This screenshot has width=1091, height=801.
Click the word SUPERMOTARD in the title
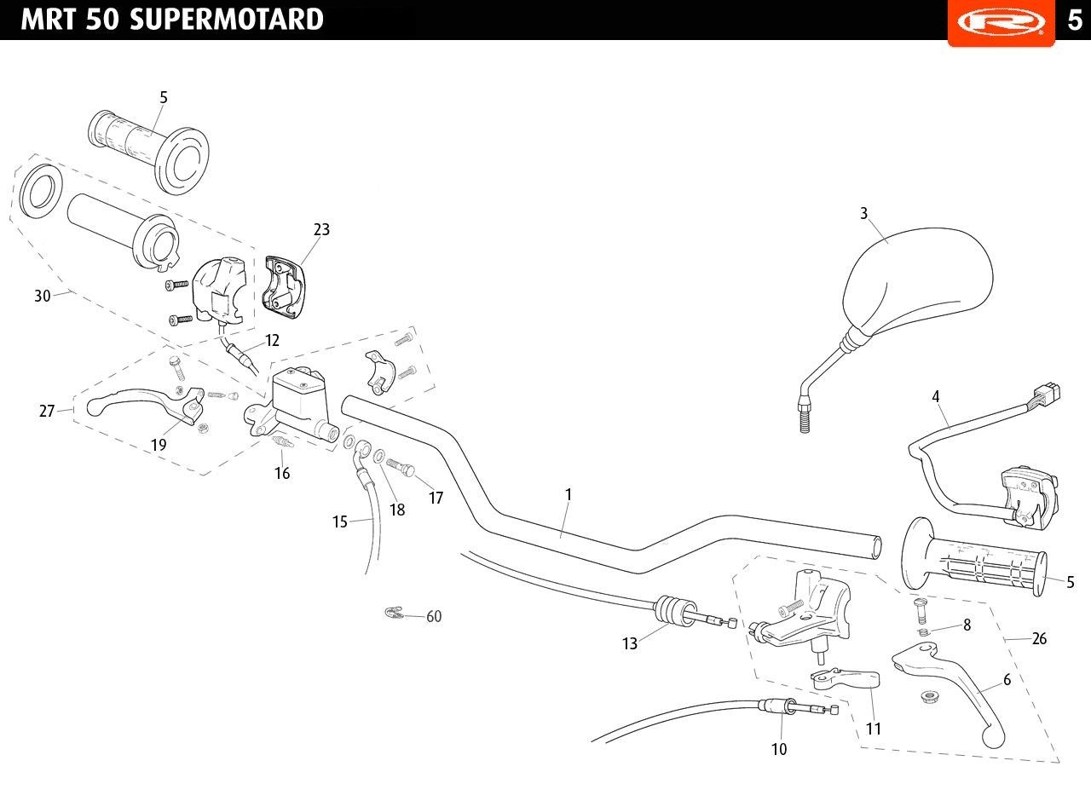click(x=227, y=20)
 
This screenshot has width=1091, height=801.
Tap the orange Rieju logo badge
click(x=1001, y=22)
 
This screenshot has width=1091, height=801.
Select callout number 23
click(x=321, y=229)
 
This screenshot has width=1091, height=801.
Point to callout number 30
click(x=43, y=296)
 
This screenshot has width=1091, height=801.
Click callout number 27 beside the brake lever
click(x=47, y=411)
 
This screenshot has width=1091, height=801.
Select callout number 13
click(x=630, y=643)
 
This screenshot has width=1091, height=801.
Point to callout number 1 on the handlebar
click(x=568, y=494)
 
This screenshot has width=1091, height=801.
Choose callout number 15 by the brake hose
click(x=340, y=522)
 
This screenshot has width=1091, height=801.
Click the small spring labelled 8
click(x=923, y=631)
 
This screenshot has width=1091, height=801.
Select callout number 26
click(x=1039, y=638)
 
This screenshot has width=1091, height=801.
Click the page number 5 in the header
click(x=1075, y=20)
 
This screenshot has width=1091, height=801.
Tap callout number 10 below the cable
click(x=779, y=749)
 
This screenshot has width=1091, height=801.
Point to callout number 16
click(x=282, y=473)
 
